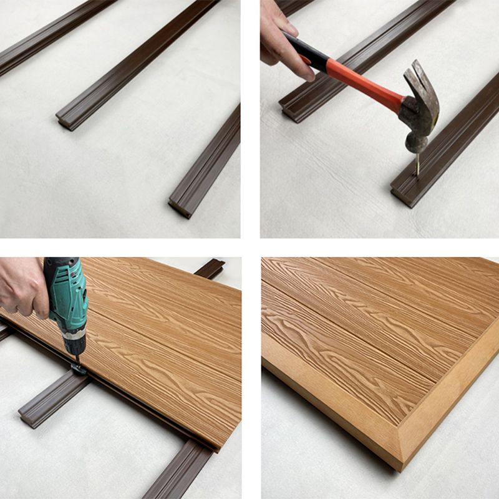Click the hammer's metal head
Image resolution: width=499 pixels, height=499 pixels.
pyautogui.click(x=417, y=119)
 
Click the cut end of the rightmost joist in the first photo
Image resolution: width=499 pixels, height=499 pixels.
pyautogui.click(x=180, y=208)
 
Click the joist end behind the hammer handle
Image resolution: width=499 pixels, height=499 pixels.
pyautogui.click(x=290, y=112)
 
